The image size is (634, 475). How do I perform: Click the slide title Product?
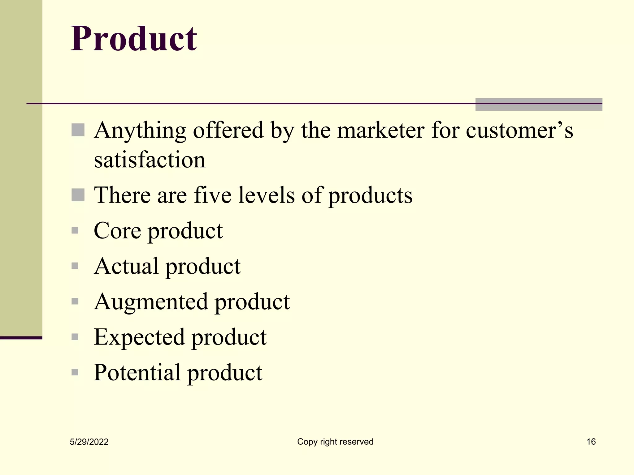coord(134,39)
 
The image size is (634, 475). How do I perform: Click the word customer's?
coord(519,130)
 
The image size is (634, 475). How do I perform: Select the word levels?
coord(266,195)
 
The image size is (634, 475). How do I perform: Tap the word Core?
coord(117,231)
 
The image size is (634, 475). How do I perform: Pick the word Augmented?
coord(151,302)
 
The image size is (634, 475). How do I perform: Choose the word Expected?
coord(139,337)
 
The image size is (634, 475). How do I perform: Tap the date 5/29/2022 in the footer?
coord(89,442)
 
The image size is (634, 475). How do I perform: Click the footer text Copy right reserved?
coord(335,442)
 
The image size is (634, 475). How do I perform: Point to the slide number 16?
coord(591,442)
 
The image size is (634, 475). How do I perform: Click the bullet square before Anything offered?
coord(78,130)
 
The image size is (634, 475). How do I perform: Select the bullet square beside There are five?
coord(78,195)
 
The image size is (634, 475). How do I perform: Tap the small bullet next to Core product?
coord(75,231)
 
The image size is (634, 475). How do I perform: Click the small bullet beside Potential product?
coord(75,372)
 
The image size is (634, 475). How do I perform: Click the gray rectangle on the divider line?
coord(539,105)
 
